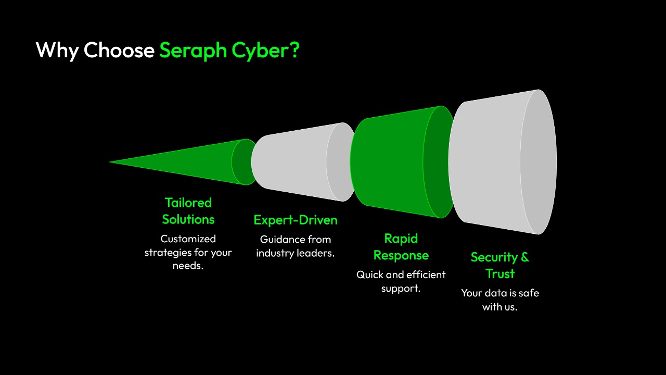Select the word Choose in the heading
coord(119,51)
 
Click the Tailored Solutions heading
coord(188,211)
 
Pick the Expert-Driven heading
coord(296,220)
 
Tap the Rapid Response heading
coord(401,247)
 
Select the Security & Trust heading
coord(499,265)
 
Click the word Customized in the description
coord(188,239)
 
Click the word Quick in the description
coord(369,274)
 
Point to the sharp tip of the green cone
coord(111,162)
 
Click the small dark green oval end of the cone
coord(242,162)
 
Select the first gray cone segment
coord(291,161)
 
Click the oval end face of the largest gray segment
coord(538,162)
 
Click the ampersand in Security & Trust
coord(524,257)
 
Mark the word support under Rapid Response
coord(400,289)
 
